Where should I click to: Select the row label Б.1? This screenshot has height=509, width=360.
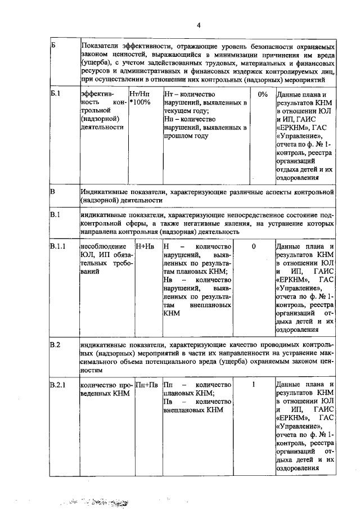pos(55,94)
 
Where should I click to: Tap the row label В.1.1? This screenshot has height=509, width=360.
pos(57,246)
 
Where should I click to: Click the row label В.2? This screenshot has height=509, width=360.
pos(55,345)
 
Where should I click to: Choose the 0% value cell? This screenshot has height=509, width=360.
pos(262,94)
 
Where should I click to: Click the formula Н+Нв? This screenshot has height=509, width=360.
pos(145,246)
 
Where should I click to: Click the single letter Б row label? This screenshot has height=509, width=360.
pos(53,45)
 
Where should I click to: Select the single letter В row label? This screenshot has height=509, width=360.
pos(53,192)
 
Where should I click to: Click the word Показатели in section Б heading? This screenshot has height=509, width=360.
pos(100,45)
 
